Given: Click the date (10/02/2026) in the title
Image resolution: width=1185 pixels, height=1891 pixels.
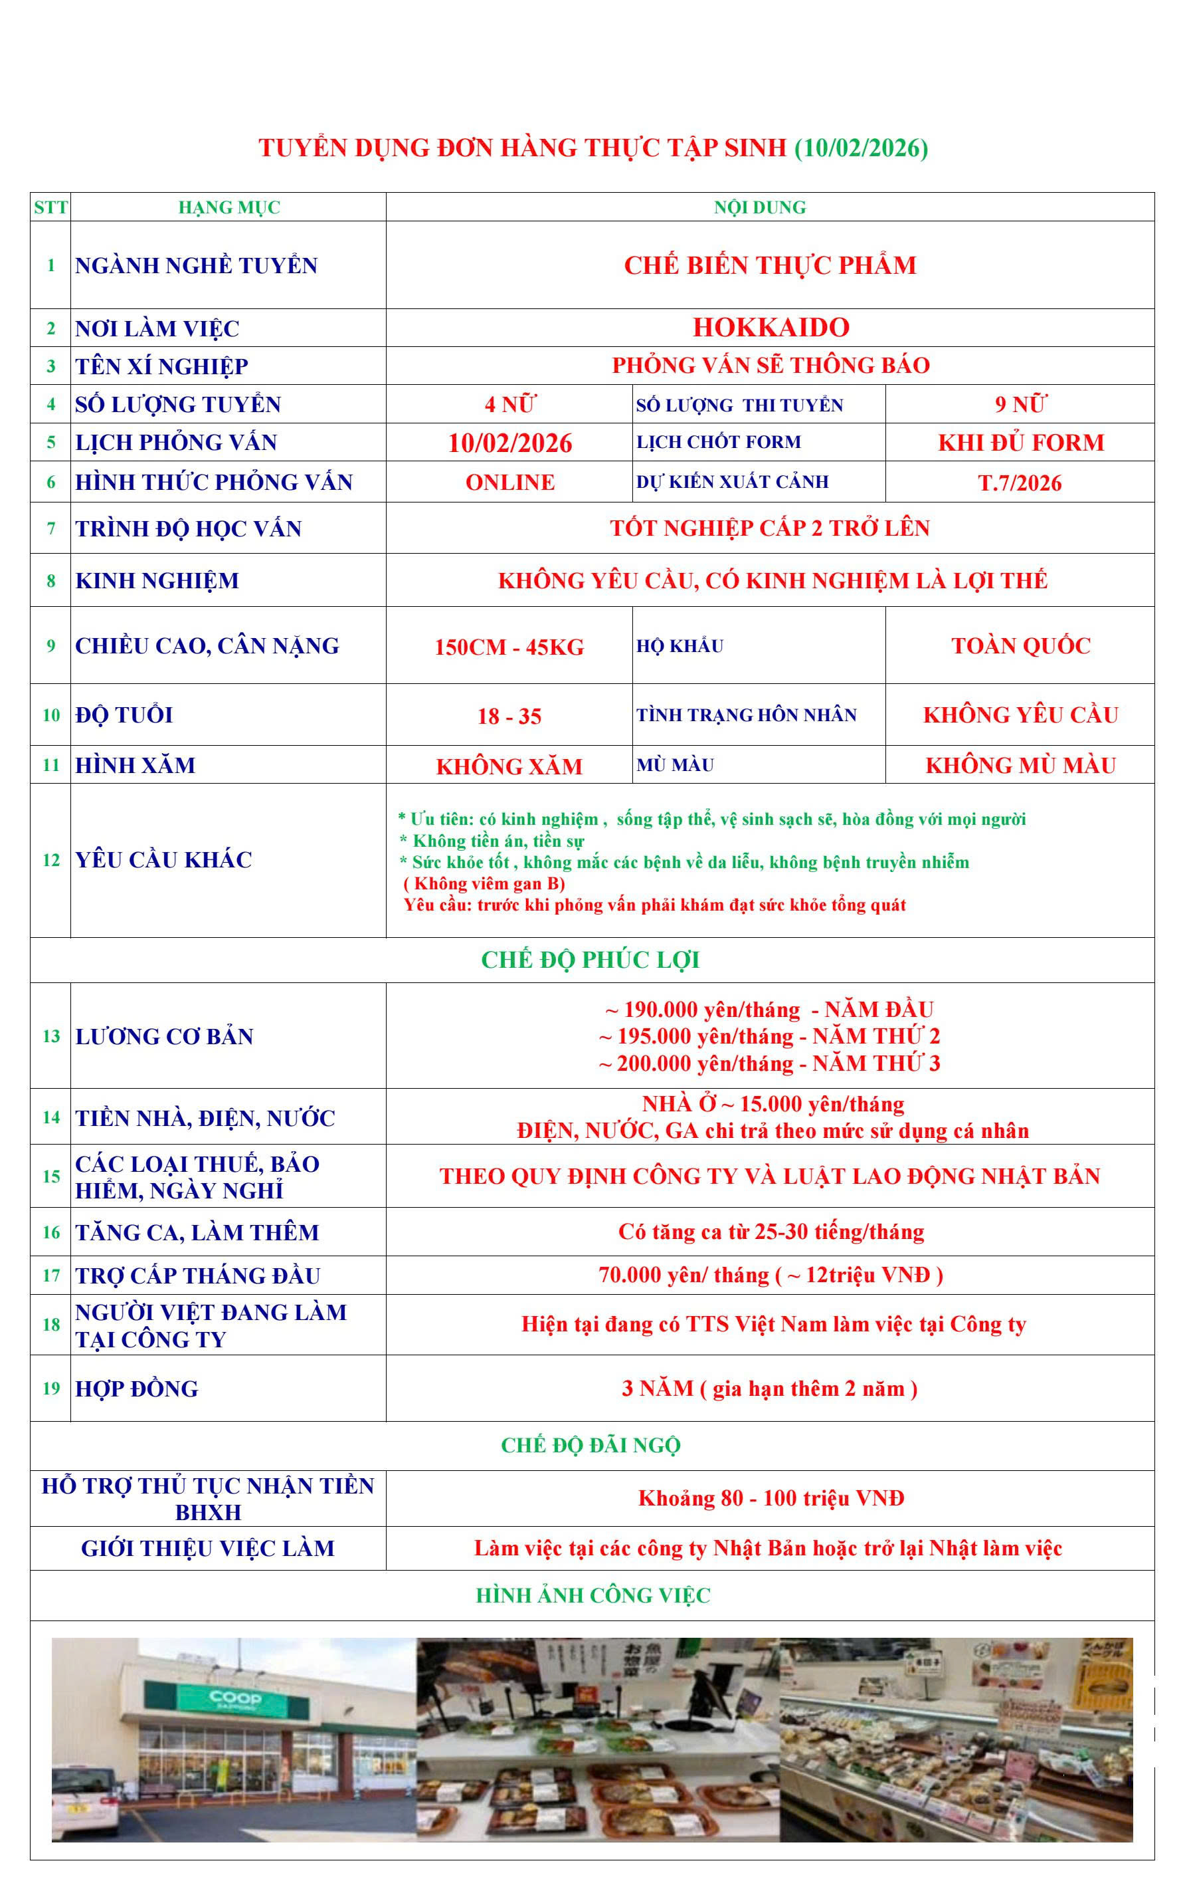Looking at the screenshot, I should tap(861, 148).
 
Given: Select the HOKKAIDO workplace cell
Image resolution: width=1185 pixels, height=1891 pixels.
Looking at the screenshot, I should tap(771, 328).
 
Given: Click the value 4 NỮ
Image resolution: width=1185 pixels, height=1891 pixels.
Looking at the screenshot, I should tap(509, 405).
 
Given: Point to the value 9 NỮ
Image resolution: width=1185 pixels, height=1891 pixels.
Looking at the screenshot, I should tap(1020, 405).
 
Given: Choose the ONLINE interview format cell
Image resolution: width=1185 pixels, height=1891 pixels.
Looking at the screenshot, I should tap(509, 482).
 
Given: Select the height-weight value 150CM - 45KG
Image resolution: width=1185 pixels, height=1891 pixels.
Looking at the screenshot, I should tap(509, 647).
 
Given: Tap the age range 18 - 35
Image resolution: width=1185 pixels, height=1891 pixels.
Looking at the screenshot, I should tap(509, 716).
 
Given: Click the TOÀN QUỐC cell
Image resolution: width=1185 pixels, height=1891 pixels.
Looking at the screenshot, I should tap(1020, 646).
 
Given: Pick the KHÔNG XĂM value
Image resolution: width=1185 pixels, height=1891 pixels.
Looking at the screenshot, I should tap(509, 766).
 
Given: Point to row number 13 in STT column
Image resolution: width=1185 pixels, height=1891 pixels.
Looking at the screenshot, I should tap(51, 1036).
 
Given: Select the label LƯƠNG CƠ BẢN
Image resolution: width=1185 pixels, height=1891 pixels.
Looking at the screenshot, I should tap(165, 1036).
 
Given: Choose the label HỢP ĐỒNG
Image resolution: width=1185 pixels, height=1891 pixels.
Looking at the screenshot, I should tap(137, 1389).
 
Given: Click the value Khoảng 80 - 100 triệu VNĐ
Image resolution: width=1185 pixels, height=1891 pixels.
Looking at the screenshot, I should tap(771, 1498).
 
